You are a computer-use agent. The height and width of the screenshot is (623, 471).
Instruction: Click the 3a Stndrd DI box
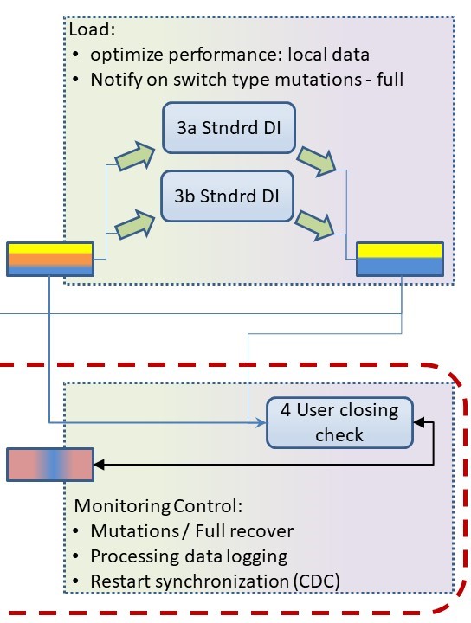[x=229, y=128]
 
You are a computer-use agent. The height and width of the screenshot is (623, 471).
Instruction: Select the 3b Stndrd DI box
[x=227, y=196]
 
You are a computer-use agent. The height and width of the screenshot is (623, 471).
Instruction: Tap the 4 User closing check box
[x=339, y=423]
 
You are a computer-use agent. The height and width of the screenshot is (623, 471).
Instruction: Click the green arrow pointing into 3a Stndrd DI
[x=135, y=156]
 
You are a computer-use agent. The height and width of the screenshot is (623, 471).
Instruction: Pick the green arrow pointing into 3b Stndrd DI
[x=135, y=224]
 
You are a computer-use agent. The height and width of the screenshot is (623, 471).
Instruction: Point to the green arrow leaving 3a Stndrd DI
[x=317, y=161]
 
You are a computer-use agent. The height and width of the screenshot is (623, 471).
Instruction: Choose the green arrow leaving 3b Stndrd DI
[x=315, y=225]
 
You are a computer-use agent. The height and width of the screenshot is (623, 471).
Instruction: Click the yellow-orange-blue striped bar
[x=50, y=259]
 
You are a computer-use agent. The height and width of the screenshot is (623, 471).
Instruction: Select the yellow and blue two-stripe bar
[x=400, y=259]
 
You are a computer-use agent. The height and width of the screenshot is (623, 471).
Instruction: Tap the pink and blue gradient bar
[x=50, y=465]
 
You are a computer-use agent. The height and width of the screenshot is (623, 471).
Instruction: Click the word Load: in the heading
[x=93, y=29]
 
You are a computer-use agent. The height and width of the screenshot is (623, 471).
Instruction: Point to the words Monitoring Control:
[x=158, y=506]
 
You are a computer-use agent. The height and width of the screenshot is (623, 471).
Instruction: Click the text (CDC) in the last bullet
[x=316, y=581]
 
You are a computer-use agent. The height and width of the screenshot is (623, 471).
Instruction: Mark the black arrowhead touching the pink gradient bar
[x=99, y=465]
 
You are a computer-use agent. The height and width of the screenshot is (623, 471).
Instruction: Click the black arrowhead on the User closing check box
[x=419, y=422]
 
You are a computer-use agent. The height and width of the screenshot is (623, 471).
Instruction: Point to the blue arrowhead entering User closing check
[x=261, y=423]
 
